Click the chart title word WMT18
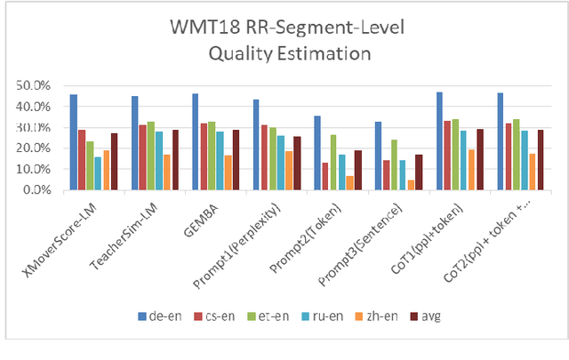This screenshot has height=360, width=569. [200, 28]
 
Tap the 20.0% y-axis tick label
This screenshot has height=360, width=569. [41, 148]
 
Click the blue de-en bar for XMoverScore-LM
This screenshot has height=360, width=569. [73, 142]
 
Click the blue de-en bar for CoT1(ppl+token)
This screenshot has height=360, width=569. [439, 140]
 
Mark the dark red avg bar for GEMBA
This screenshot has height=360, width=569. [235, 160]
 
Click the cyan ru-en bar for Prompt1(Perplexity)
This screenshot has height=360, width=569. [281, 163]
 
